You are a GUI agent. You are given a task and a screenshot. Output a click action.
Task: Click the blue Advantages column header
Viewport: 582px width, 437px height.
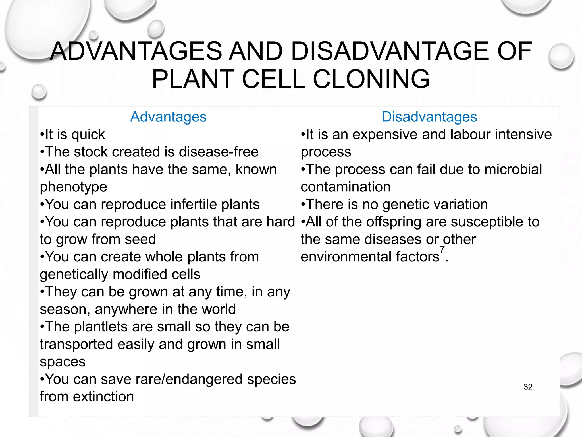pyautogui.click(x=168, y=117)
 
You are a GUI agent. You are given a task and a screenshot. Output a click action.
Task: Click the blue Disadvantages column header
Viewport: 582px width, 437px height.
pyautogui.click(x=429, y=117)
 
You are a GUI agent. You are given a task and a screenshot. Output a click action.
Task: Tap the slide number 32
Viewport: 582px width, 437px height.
pyautogui.click(x=528, y=387)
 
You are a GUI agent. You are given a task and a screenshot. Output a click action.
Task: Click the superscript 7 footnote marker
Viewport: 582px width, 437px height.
pyautogui.click(x=442, y=250)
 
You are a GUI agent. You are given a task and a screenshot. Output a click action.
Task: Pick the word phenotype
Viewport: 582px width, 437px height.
pyautogui.click(x=73, y=187)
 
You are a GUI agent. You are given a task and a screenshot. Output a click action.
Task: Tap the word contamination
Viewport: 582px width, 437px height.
pyautogui.click(x=346, y=187)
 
